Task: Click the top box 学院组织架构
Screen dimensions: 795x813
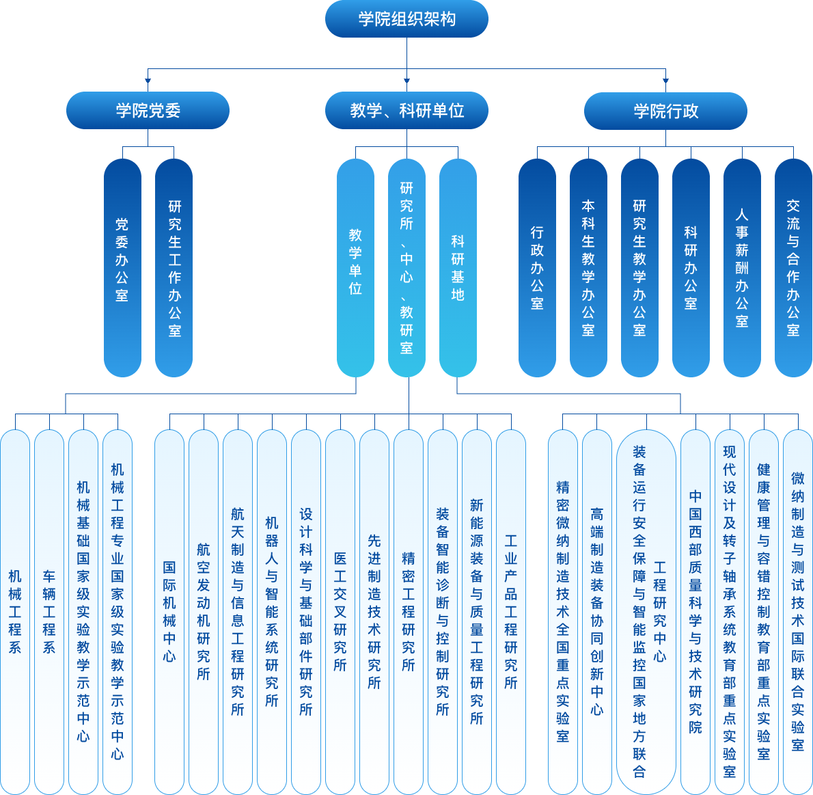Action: point(406,19)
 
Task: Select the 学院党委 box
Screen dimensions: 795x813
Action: point(148,110)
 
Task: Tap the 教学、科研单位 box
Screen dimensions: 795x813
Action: point(406,110)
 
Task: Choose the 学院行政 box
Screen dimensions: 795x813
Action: point(665,110)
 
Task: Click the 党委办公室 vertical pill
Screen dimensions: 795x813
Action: point(122,267)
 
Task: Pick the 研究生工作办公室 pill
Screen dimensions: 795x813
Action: point(174,267)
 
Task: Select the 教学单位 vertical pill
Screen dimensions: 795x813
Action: point(355,267)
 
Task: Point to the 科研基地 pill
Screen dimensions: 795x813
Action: point(458,267)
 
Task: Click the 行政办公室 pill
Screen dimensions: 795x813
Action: point(537,267)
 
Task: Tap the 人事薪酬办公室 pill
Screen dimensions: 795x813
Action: point(742,267)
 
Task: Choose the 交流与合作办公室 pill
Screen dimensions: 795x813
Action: point(793,267)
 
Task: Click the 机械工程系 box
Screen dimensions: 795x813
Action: point(15,611)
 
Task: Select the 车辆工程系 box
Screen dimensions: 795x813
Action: point(49,611)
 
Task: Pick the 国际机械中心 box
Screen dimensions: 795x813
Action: point(169,611)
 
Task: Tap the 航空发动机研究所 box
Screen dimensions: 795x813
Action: point(204,611)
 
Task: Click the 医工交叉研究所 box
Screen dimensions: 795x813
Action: point(340,611)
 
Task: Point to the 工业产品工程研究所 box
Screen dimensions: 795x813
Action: point(511,611)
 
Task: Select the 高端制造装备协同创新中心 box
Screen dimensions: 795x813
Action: point(597,611)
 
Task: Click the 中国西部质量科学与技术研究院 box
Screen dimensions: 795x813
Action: point(695,611)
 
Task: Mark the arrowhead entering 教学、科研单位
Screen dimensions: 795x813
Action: point(406,82)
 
